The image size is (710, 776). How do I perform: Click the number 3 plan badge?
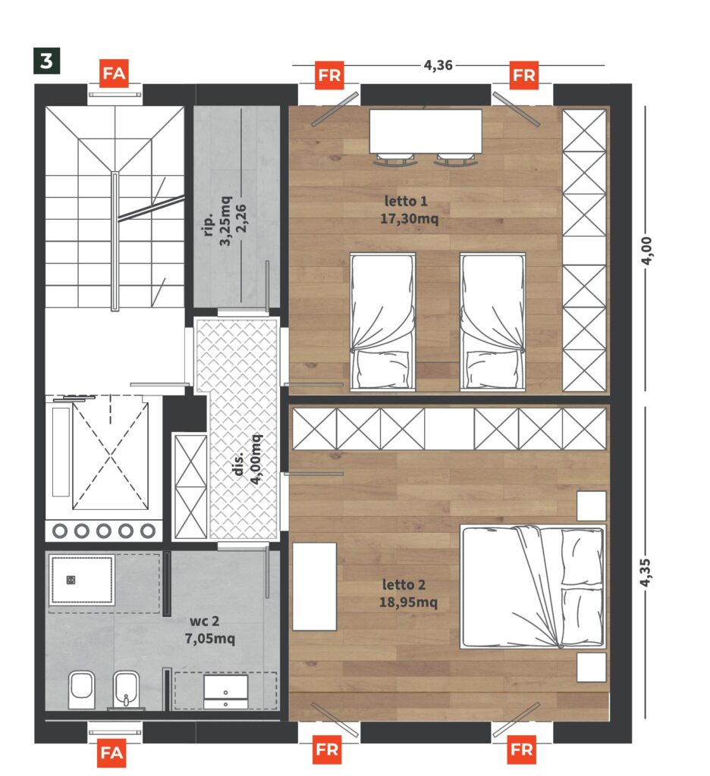46,61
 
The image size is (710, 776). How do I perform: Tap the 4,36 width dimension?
438,65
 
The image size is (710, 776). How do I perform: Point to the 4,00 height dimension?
646,250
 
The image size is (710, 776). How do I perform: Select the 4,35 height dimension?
645,573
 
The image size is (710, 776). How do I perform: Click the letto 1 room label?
406,201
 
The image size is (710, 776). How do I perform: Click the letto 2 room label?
404,584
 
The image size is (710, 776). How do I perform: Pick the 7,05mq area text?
210,638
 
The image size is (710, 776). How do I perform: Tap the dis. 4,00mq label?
247,458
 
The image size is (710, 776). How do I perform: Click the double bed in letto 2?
533,587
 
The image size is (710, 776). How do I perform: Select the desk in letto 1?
426,131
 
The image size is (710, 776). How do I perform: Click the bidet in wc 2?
126,690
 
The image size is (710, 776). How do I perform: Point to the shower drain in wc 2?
71,580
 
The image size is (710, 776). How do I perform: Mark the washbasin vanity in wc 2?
225,692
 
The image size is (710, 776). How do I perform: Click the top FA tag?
114,74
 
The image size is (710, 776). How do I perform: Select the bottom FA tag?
112,753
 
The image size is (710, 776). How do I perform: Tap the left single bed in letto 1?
382,322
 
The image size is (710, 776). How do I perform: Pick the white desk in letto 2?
314,587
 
